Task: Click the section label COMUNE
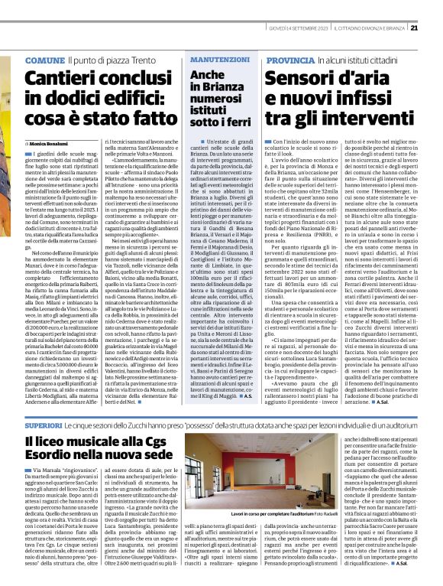(x=44, y=59)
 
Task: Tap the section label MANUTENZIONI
(x=216, y=59)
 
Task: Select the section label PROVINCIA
(x=289, y=59)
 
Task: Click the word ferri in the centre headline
(x=237, y=120)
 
